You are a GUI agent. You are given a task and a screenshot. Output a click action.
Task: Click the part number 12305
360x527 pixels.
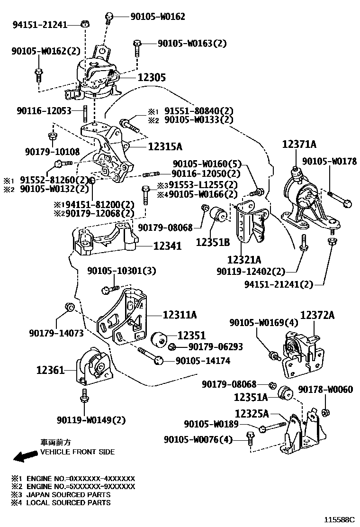tap(152, 77)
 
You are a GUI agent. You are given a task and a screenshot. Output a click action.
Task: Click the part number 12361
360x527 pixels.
tap(50, 370)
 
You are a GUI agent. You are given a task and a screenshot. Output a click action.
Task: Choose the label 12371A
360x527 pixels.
tap(299, 144)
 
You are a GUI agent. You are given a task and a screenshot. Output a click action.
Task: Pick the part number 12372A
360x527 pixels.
tap(317, 315)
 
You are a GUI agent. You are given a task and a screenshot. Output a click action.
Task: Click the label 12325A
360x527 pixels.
tap(252, 414)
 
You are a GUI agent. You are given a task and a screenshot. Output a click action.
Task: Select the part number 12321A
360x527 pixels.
tap(244, 260)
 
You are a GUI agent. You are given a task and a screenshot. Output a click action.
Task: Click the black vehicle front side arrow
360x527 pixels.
tap(25, 456)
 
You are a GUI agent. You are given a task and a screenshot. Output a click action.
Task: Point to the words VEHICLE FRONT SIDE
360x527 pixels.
tap(77, 452)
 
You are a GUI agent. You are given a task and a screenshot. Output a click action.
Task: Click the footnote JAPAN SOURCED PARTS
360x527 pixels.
tap(68, 494)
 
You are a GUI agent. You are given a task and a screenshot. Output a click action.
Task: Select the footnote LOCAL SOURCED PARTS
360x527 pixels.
tap(68, 502)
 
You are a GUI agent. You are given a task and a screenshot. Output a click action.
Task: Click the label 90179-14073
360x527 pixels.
tap(56, 333)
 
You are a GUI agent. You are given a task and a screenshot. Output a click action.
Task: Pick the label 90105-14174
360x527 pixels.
tap(203, 361)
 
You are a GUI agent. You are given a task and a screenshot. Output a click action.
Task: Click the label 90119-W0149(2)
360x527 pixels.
tap(91, 420)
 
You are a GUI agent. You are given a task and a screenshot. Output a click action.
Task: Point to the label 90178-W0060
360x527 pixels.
tap(325, 390)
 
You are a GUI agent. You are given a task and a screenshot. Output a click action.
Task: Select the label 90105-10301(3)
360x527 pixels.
tap(122, 271)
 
